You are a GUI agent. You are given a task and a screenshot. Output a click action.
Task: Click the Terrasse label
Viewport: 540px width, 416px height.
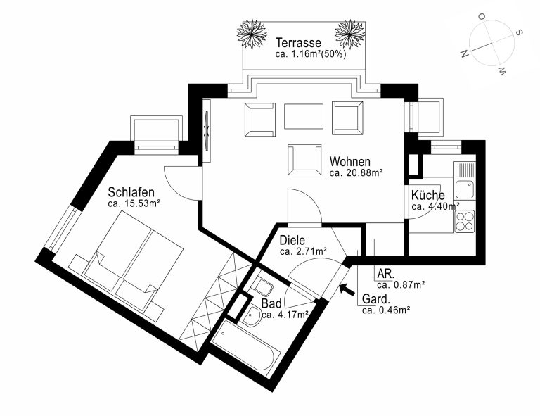[298, 43]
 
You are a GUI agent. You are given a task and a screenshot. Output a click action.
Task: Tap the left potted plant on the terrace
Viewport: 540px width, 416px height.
[252, 34]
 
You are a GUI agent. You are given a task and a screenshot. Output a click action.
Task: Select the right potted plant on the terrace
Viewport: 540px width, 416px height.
[350, 34]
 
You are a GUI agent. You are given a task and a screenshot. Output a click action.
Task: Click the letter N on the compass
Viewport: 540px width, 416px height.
[465, 53]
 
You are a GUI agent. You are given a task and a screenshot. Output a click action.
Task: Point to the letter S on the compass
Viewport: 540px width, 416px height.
[519, 32]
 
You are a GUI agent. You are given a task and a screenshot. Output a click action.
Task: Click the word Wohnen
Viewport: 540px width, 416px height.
[350, 161]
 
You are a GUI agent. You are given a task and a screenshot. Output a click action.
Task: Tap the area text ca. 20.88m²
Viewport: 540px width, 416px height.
[356, 173]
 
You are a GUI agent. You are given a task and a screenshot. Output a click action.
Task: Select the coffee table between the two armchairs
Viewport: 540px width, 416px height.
[304, 116]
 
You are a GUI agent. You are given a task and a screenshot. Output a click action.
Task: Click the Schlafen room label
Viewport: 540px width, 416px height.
[131, 191]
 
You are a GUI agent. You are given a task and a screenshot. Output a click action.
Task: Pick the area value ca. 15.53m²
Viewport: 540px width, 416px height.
[134, 203]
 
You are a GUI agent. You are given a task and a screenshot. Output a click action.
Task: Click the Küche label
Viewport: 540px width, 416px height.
[427, 195]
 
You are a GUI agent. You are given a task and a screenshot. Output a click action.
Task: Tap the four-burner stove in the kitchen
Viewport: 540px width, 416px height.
[465, 221]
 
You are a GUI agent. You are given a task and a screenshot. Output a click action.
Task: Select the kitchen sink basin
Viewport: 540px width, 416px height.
[465, 189]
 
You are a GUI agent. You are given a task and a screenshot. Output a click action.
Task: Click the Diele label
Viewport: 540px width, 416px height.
[292, 240]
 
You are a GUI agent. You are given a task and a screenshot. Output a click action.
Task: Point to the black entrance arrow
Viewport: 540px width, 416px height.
[347, 289]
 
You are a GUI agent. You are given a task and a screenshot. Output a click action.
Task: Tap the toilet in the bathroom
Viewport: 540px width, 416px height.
[261, 285]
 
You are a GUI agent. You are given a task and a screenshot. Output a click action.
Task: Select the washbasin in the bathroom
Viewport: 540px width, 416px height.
[252, 316]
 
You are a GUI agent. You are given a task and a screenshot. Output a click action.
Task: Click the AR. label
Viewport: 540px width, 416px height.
[386, 274]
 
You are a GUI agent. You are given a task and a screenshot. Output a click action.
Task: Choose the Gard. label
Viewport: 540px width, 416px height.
[376, 298]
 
